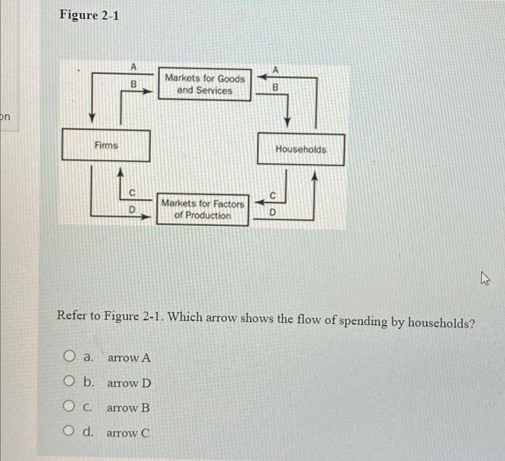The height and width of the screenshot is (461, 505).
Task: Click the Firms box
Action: [106, 145]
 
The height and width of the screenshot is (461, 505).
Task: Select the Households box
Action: [301, 149]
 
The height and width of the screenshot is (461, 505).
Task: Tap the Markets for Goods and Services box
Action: [204, 85]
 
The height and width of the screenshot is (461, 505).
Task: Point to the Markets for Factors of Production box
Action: [202, 210]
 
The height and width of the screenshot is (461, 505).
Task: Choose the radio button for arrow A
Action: [69, 356]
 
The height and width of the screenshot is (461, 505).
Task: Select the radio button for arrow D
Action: [69, 381]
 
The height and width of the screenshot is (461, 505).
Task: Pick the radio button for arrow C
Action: [69, 431]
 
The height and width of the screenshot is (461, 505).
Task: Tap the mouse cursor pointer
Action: [485, 278]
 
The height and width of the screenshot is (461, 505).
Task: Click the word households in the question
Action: [441, 322]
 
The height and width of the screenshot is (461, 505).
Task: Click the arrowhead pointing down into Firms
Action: [92, 118]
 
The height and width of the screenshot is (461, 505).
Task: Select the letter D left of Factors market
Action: [132, 210]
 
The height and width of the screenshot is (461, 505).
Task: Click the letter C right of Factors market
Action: [273, 196]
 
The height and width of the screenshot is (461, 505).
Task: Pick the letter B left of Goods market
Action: [133, 84]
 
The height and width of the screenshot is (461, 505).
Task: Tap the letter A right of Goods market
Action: [276, 70]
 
